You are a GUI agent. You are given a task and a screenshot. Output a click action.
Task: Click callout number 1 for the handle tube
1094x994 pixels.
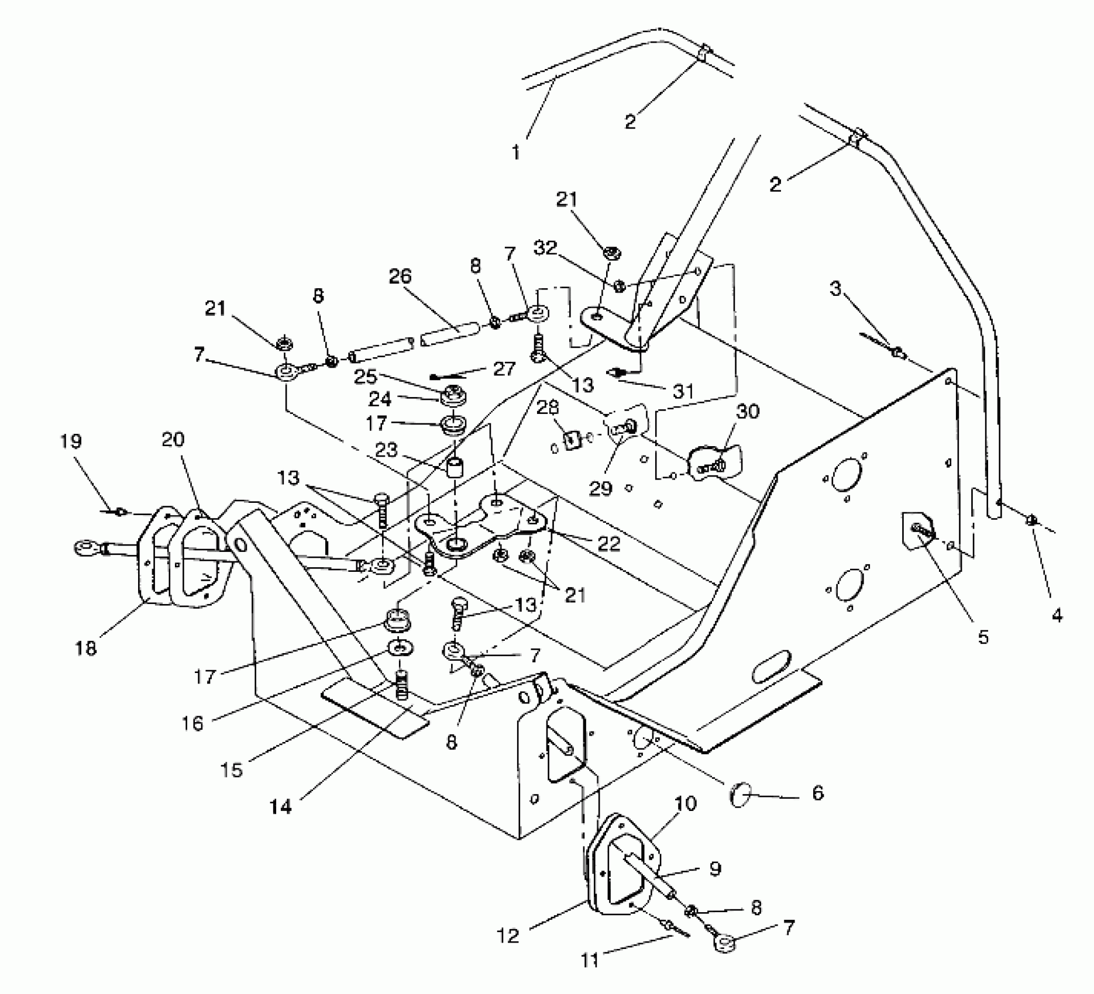click(515, 153)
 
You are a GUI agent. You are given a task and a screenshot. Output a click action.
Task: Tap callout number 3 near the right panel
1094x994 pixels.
click(836, 288)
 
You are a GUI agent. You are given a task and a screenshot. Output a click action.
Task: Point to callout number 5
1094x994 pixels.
click(983, 637)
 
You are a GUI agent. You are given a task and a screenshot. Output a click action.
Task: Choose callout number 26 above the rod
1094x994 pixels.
click(401, 277)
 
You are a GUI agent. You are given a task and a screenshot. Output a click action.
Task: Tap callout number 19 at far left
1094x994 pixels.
click(71, 441)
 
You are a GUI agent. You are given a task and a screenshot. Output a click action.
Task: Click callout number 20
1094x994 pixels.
click(173, 440)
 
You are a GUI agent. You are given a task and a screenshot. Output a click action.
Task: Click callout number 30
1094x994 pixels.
click(747, 412)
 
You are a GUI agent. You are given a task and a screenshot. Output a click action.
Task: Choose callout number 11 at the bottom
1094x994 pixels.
click(590, 960)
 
